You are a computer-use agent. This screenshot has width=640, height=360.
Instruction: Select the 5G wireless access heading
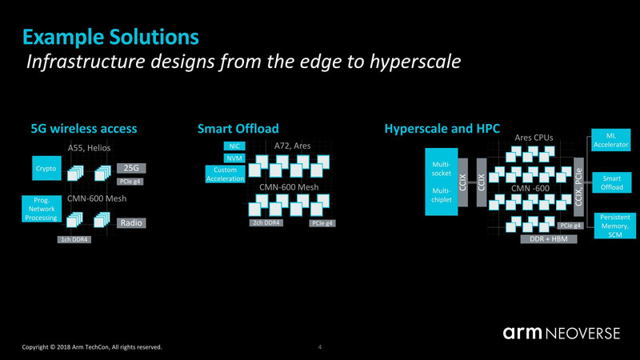pos(84,128)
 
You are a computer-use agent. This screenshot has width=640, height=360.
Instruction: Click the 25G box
pos(130,168)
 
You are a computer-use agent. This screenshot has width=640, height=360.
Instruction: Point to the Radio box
pos(131,223)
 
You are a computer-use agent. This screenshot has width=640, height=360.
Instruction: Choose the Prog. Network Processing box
pos(38,206)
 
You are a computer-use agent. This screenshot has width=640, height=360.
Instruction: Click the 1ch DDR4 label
pos(74,240)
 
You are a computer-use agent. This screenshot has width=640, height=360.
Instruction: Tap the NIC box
pos(234,146)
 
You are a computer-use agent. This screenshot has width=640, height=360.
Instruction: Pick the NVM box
pos(234,158)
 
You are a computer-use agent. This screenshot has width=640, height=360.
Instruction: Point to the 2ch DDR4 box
pos(266,222)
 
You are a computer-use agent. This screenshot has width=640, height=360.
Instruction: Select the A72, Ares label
pos(292,146)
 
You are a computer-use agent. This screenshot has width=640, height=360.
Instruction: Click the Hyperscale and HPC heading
pos(436,128)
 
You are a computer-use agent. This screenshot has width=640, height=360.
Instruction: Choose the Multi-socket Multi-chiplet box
pos(439,181)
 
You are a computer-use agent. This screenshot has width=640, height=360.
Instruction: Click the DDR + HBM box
pos(549,239)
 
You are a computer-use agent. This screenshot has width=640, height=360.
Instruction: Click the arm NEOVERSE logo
pos(561,332)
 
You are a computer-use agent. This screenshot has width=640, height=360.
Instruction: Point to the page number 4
pos(320,347)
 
